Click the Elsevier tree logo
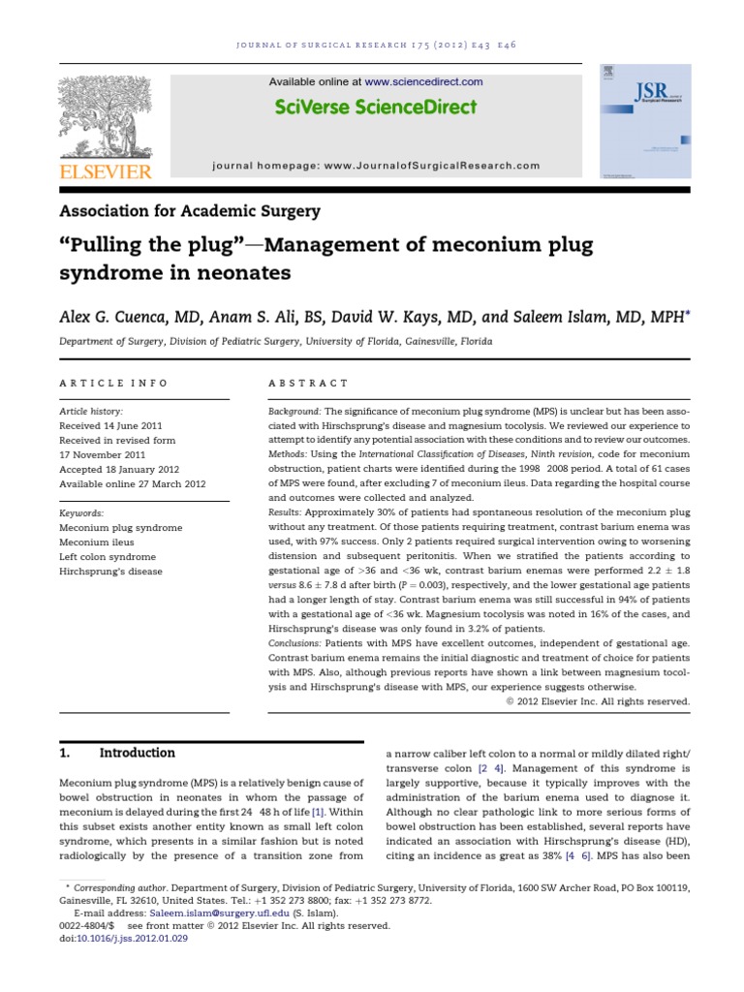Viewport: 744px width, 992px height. [x=105, y=114]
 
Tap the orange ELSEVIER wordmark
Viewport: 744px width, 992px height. [x=105, y=171]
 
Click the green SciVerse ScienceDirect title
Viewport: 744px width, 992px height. [x=376, y=107]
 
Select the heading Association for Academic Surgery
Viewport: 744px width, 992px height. [x=190, y=210]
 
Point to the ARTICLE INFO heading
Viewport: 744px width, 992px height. [x=113, y=384]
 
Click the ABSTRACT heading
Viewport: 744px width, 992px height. [x=308, y=384]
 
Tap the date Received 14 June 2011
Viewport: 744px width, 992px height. [x=110, y=425]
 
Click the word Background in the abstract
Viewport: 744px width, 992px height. [x=294, y=412]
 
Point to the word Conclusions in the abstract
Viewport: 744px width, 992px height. [x=296, y=643]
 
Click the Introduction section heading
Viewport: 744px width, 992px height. [x=138, y=753]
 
